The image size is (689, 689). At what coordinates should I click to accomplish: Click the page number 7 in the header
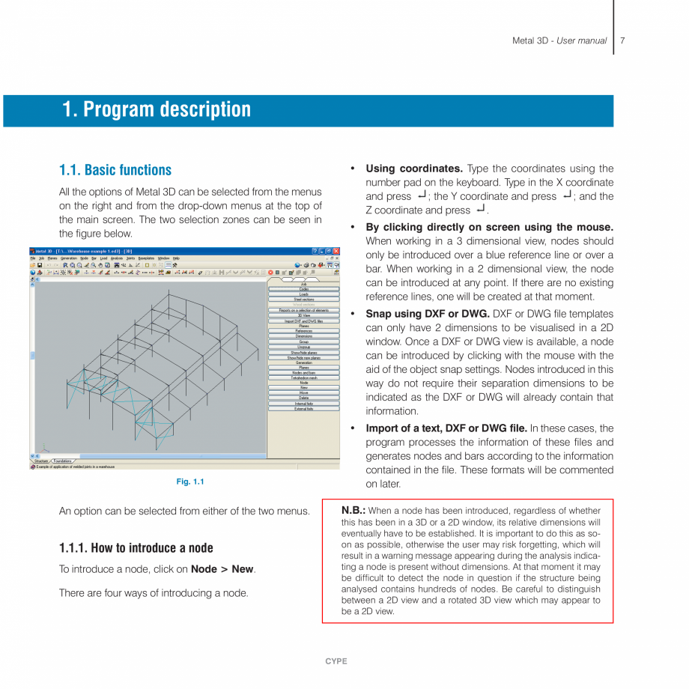(622, 40)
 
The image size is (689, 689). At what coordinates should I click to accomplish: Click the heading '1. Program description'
(157, 109)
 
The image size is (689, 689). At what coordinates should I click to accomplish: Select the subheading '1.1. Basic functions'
(115, 170)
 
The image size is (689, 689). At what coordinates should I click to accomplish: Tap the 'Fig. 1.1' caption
(190, 482)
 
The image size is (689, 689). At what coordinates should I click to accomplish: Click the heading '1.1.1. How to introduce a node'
(136, 547)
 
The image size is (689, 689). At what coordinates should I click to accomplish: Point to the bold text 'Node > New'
(222, 569)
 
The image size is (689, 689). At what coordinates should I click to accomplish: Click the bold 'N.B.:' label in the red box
(353, 511)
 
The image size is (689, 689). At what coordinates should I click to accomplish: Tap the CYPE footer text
(336, 661)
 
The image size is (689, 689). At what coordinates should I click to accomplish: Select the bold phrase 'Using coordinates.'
(414, 169)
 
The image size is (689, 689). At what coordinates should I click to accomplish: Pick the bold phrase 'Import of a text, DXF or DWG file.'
(446, 428)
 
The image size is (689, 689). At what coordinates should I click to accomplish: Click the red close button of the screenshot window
(336, 251)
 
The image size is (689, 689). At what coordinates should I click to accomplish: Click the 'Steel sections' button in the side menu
(303, 300)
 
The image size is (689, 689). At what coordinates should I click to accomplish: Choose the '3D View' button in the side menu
(303, 315)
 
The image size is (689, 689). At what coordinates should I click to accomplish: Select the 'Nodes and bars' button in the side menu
(303, 373)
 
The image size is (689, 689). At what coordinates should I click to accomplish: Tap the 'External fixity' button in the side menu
(303, 409)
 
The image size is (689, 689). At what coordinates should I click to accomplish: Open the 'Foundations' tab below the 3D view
(63, 461)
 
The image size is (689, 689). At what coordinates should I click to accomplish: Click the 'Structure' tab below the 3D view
(41, 461)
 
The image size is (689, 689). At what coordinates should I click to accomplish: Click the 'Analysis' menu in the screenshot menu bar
(116, 258)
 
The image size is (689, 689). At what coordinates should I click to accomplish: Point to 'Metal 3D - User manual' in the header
(559, 40)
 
